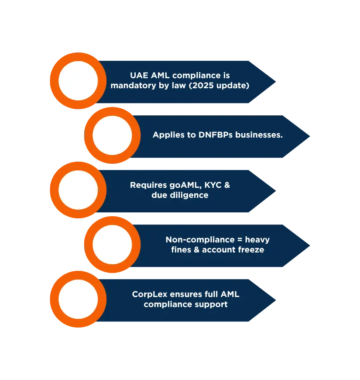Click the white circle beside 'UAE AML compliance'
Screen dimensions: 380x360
[78, 81]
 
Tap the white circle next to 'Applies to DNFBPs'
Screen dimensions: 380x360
[112, 135]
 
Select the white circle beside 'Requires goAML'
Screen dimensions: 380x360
[78, 190]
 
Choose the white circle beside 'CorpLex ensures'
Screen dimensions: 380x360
[78, 299]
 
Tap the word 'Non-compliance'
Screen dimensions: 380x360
[200, 240]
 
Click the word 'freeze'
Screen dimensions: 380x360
[251, 250]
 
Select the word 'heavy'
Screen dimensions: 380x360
[257, 240]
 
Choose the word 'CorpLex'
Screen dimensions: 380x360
[148, 294]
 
